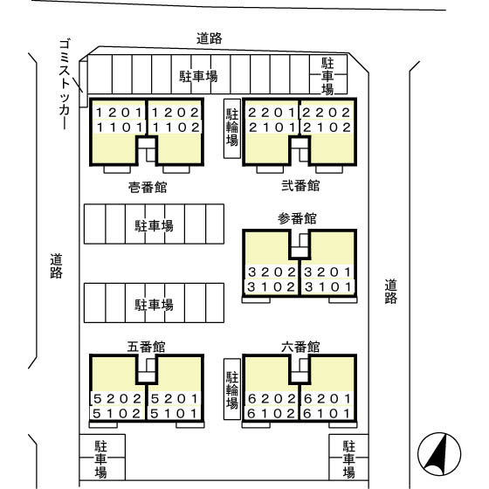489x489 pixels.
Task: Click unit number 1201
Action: (x=119, y=113)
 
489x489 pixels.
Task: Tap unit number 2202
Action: (x=326, y=113)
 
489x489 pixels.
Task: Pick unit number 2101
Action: (x=272, y=127)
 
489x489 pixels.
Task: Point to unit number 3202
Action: (x=272, y=272)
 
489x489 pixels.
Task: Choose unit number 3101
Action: (x=328, y=287)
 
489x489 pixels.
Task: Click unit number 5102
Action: (x=117, y=414)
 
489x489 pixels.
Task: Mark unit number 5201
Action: (x=175, y=398)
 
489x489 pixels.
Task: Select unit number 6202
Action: (x=272, y=398)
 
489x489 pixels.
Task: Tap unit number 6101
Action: (x=327, y=414)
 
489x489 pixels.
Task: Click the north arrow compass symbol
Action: (x=439, y=454)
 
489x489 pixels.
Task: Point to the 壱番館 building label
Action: (x=148, y=187)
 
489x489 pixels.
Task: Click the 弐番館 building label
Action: (x=300, y=185)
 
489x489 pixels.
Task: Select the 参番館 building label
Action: (x=297, y=218)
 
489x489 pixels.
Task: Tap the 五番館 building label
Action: (x=146, y=347)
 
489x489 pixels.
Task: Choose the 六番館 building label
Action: (x=300, y=347)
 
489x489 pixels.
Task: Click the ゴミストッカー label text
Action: (x=65, y=84)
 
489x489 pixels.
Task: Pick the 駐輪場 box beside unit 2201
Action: (x=232, y=128)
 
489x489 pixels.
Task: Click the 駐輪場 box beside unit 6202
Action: (x=232, y=389)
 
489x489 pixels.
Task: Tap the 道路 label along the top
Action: (x=210, y=38)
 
